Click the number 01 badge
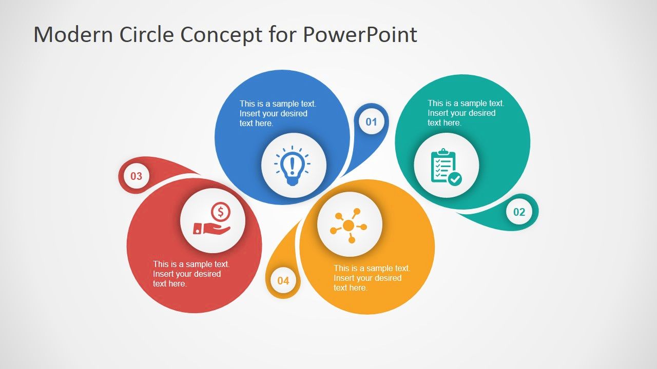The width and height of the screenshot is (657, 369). [x=371, y=122]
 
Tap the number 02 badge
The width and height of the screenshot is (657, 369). [x=519, y=212]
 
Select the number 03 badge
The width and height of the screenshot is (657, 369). [x=136, y=177]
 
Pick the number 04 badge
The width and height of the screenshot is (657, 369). [x=283, y=281]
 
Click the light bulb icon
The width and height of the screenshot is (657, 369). [x=293, y=165]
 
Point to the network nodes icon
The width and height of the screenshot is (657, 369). [x=349, y=225]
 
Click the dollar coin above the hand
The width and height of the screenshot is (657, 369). [x=221, y=211]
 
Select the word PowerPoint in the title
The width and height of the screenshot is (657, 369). [x=360, y=34]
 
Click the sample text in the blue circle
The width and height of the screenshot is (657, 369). [x=278, y=113]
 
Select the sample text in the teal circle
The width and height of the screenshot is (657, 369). [x=466, y=113]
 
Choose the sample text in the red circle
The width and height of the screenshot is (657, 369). [x=191, y=274]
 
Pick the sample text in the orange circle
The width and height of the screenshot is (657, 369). [x=372, y=278]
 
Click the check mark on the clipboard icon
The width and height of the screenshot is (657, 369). [x=455, y=179]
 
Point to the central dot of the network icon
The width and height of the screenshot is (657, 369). [x=349, y=225]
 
